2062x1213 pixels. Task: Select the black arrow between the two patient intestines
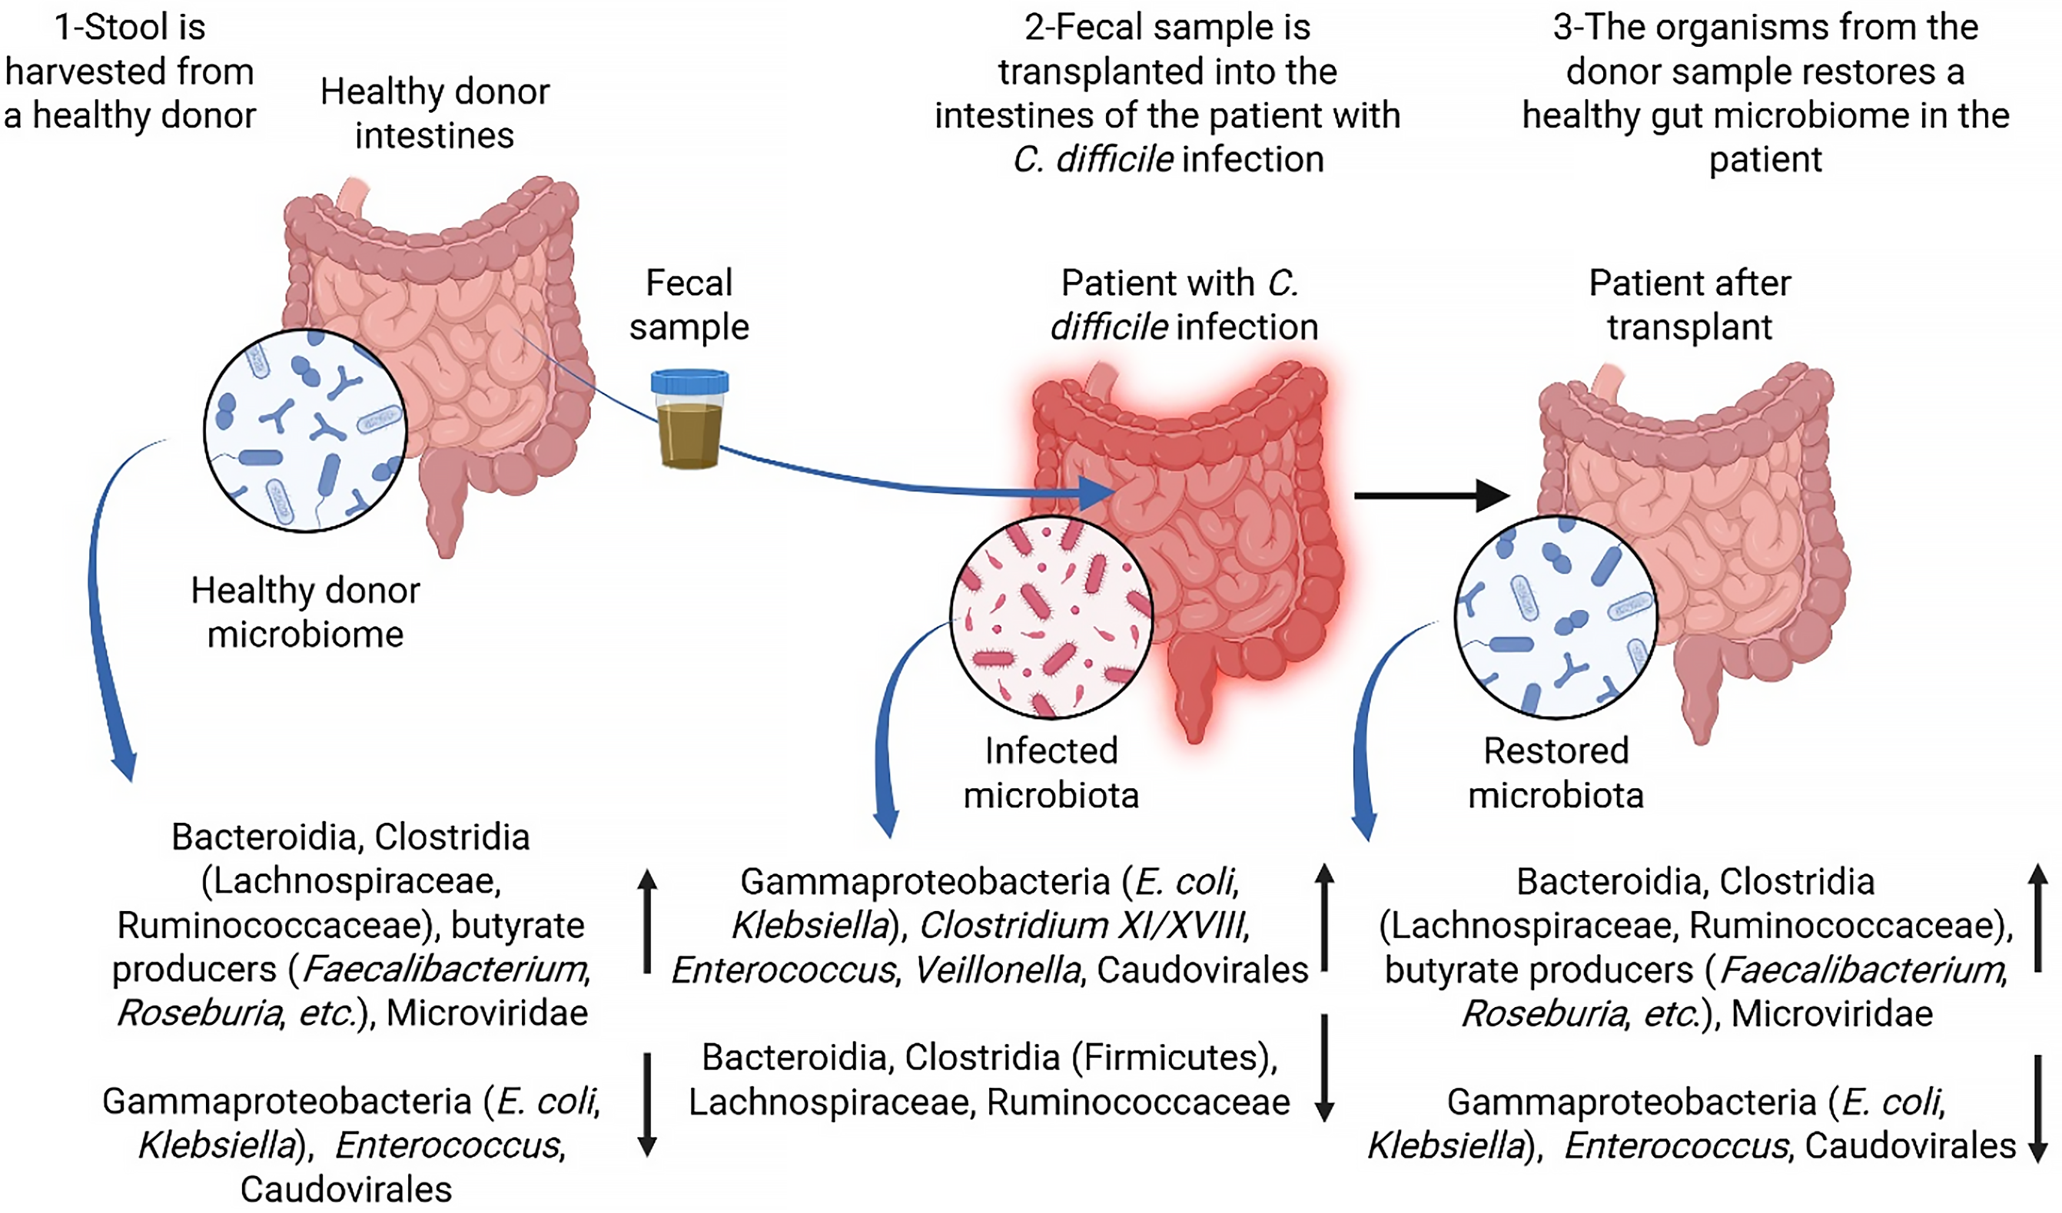pos(1432,495)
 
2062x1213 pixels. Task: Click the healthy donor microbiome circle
pos(305,431)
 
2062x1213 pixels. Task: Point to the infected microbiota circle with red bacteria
pos(1051,618)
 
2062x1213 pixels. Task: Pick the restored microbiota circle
pos(1556,618)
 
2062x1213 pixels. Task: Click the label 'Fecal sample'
pos(689,304)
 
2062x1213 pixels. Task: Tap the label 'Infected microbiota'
pos(1051,772)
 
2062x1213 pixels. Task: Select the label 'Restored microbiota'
pos(1556,772)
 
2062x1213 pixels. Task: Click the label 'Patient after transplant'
pos(1689,304)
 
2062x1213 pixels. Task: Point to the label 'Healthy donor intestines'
pos(434,113)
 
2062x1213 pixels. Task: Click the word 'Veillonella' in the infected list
pos(997,970)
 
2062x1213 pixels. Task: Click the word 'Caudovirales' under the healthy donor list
pos(345,1188)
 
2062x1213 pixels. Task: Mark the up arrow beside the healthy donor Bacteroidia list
pos(646,920)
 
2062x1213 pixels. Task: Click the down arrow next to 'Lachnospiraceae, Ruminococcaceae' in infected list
pos(1324,1067)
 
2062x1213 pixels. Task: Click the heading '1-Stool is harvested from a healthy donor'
pos(129,71)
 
